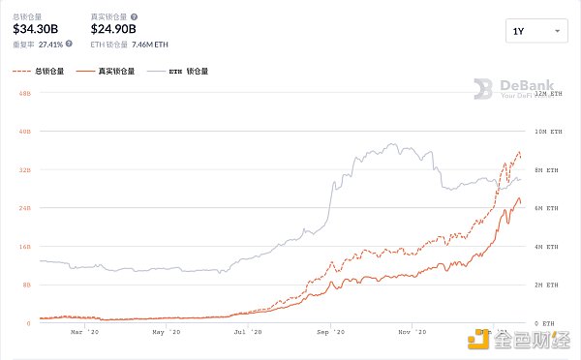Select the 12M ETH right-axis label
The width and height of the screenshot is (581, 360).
(x=546, y=92)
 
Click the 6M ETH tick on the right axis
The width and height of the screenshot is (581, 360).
(x=546, y=208)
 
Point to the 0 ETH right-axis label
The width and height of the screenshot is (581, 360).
(x=546, y=323)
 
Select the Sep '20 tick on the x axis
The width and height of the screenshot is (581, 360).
(x=331, y=333)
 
